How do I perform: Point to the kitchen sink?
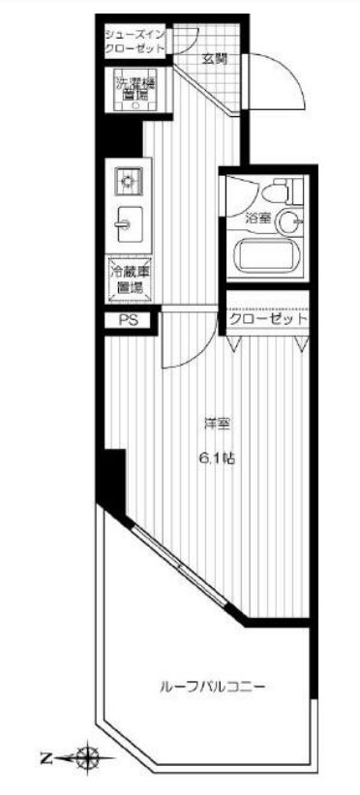(x=127, y=221)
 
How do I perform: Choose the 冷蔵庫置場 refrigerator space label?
(x=129, y=279)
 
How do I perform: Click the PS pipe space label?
(x=128, y=319)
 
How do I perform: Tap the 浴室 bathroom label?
(x=256, y=219)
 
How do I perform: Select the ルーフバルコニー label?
(x=213, y=687)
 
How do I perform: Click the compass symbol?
(x=89, y=757)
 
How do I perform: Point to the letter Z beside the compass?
(x=46, y=757)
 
